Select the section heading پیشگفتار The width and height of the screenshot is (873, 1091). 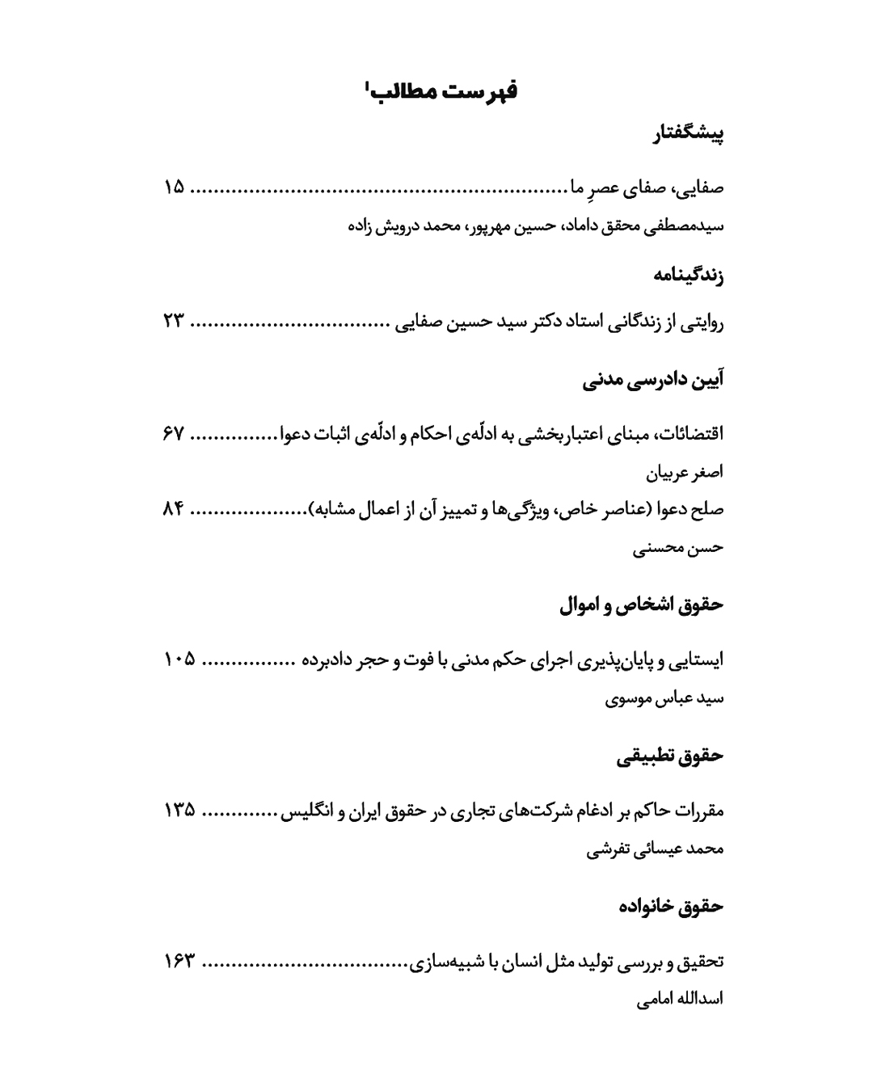[688, 134]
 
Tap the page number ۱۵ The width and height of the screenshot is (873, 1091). [174, 188]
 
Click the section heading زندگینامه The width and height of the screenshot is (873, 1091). [688, 276]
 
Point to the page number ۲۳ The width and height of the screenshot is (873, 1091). [174, 323]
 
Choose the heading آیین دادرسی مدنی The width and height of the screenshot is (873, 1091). [652, 380]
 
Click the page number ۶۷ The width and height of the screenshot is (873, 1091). [174, 433]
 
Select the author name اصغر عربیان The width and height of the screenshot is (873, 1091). [685, 471]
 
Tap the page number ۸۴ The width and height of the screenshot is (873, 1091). [174, 509]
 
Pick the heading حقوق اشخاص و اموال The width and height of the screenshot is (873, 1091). [641, 604]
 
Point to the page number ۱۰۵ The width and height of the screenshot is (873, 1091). [179, 659]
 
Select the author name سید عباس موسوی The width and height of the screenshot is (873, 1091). [664, 698]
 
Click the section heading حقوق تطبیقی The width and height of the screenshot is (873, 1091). [669, 756]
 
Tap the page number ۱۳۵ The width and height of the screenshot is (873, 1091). [179, 810]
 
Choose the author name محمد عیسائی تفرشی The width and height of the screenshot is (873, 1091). [655, 849]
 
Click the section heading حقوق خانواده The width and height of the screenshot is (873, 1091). [670, 906]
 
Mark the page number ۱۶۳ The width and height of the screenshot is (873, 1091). [179, 962]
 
